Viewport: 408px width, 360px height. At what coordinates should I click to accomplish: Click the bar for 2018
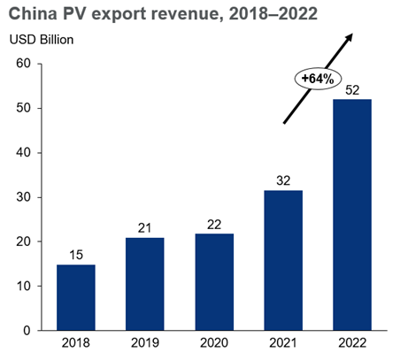coord(76,297)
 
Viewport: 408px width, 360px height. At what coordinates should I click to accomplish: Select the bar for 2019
coord(145,284)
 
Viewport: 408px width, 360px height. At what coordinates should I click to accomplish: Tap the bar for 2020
coord(214,282)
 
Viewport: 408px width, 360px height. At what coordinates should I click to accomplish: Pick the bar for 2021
coord(283,260)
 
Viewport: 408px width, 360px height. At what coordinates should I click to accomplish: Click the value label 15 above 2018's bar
coord(76,255)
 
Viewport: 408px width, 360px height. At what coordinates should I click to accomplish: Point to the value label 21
coord(145,228)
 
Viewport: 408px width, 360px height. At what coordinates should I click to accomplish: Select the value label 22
coord(214,224)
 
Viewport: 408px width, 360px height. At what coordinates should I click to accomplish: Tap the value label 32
coord(283,180)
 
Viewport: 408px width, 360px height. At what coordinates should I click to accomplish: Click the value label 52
coord(352,89)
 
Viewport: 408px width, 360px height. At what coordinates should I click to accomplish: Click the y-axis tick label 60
coord(24,64)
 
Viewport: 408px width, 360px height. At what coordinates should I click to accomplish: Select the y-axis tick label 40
coord(24,153)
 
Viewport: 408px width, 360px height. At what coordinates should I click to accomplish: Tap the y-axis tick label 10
coord(24,287)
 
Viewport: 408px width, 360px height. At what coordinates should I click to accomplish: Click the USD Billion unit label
coord(42,40)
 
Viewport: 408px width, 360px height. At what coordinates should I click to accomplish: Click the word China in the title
coord(35,13)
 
